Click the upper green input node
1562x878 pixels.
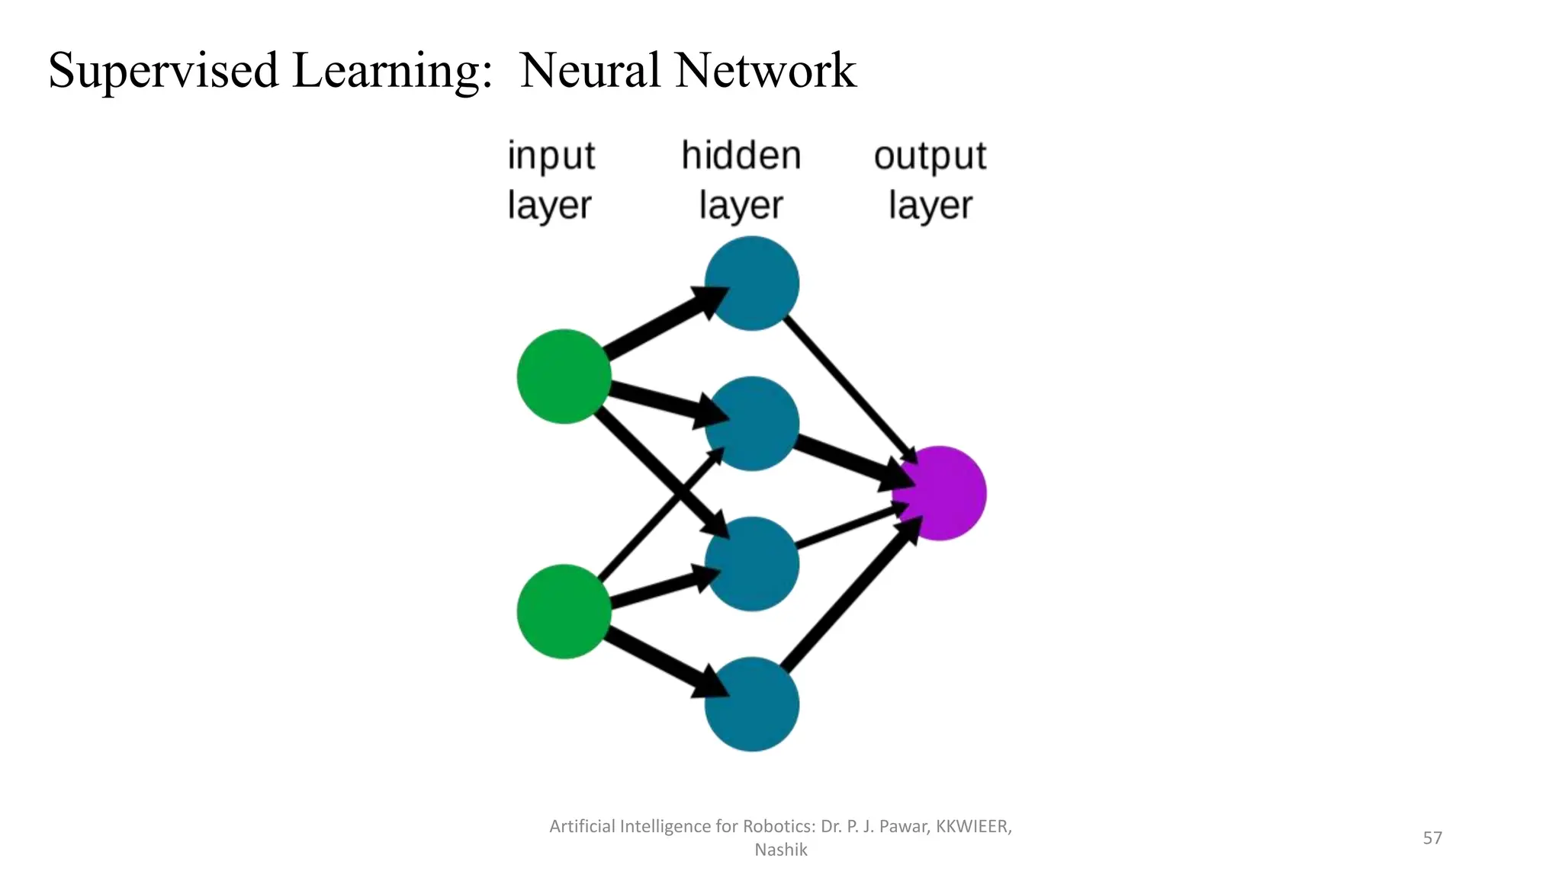564,377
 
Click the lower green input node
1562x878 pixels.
564,611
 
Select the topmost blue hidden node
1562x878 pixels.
751,283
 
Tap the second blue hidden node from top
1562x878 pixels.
751,424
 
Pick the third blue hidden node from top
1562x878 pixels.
751,564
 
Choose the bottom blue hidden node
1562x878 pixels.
751,704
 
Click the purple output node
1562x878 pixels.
940,494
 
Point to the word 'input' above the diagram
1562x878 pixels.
551,157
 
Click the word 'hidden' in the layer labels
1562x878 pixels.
741,155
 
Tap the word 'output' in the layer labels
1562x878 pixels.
930,157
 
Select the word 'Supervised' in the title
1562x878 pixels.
163,71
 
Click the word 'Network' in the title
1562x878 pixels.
765,70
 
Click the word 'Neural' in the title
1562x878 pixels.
590,70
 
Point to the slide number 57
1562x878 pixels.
1432,838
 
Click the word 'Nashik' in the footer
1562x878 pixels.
780,850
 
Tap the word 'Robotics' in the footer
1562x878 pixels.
777,826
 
